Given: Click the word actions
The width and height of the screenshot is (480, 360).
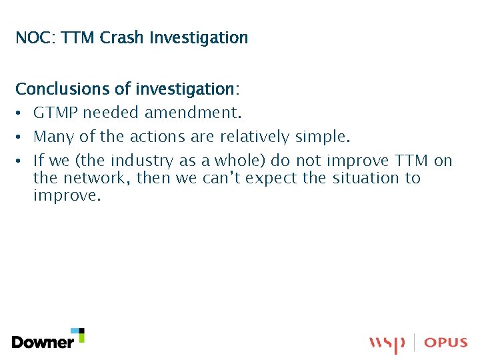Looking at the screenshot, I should point(155,137).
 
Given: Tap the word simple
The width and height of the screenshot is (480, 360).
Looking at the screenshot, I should point(321,137).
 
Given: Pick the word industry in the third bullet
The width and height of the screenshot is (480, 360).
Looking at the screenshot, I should point(141,161).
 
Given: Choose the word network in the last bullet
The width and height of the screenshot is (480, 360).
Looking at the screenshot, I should point(93,178).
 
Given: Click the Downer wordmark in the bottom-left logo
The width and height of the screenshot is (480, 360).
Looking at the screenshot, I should point(43,343).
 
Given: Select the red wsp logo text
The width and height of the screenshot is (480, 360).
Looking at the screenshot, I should point(387,343).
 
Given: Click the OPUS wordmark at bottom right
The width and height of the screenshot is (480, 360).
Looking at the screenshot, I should point(445,343).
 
